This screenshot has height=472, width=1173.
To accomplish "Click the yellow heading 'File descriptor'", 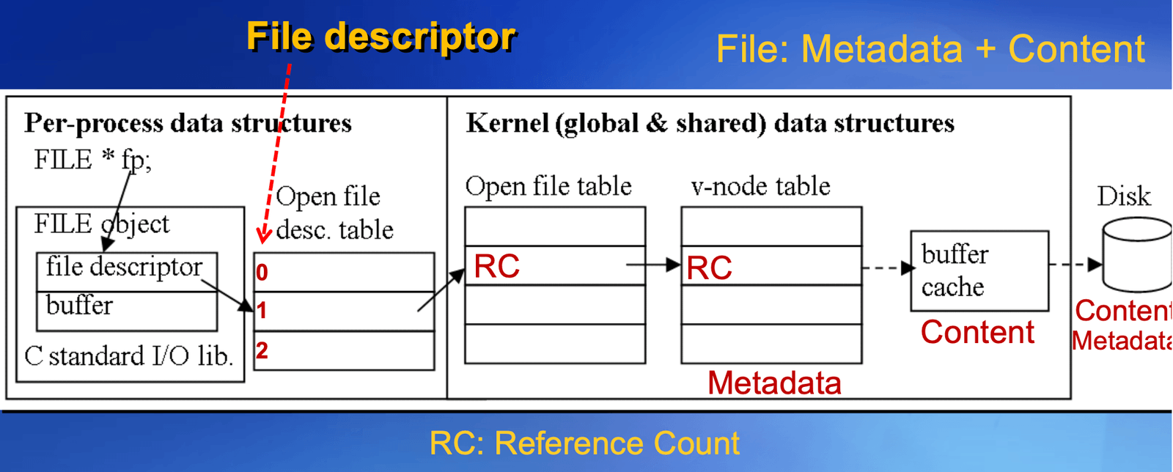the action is [381, 37].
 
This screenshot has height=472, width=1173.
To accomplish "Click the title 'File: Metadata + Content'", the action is [930, 49].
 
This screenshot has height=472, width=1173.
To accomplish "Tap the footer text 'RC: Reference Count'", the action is [584, 443].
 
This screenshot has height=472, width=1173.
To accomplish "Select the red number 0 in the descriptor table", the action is [262, 272].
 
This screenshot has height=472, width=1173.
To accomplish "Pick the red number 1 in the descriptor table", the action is [262, 311].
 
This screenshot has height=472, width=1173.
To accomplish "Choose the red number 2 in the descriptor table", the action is [262, 350].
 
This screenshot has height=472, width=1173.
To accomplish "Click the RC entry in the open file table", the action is [496, 266].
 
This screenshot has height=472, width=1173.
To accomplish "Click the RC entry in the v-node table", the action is [709, 268].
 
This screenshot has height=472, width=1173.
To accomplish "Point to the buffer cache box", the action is [979, 271].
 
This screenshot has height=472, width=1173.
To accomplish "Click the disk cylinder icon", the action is [1137, 255].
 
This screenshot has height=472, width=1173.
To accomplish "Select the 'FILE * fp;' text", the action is [92, 160].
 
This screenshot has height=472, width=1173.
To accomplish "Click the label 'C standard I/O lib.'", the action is [129, 356].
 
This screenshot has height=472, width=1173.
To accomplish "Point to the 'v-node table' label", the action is [760, 186].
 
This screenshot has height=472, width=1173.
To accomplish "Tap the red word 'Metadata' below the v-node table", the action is [774, 383].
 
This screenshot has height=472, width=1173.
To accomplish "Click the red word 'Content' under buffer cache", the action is [978, 332].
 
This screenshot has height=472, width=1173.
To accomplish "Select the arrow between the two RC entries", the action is [653, 265].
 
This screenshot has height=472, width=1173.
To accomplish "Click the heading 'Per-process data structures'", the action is [188, 124].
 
